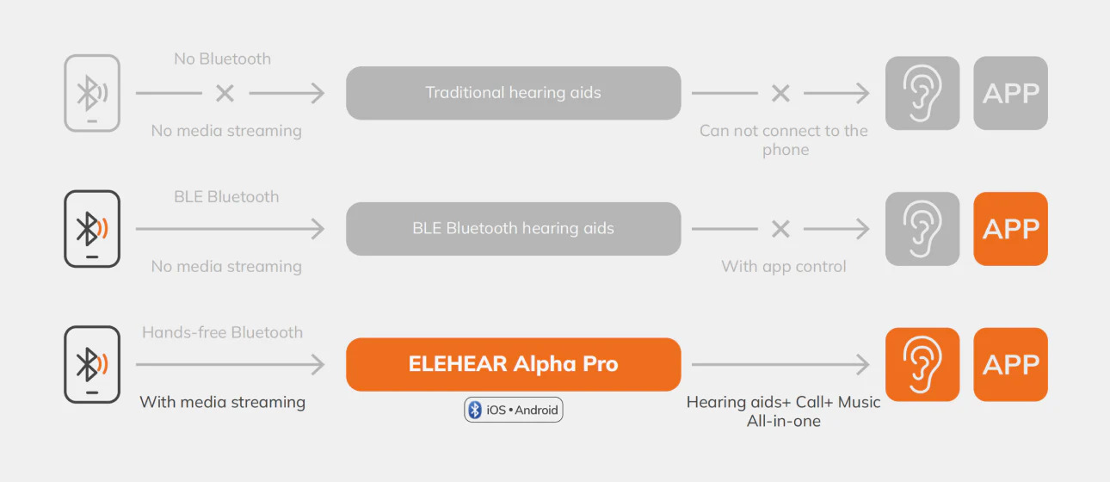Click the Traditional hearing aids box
point(513,93)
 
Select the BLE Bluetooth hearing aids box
point(513,229)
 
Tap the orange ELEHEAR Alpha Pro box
point(513,364)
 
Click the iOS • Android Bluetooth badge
point(514,410)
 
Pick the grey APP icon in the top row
point(1010,93)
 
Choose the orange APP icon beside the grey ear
point(1010,229)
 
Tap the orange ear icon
point(922,364)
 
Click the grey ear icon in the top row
point(922,93)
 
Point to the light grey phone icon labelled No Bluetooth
point(92,93)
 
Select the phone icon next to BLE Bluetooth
point(92,229)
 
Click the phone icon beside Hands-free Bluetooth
point(92,364)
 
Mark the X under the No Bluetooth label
point(225,93)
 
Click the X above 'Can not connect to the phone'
point(780,93)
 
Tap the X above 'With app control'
point(780,229)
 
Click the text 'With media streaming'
point(222,402)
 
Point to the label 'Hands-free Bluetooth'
point(222,332)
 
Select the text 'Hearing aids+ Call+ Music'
point(783,402)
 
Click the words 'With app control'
point(783,267)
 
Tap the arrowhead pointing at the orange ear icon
point(864,365)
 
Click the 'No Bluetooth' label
point(222,59)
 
